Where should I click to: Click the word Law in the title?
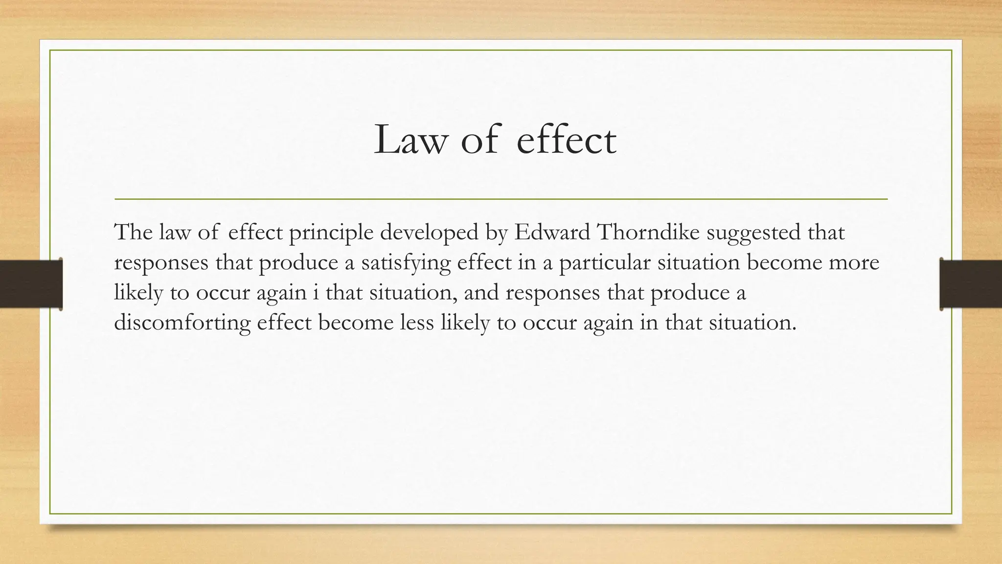410,141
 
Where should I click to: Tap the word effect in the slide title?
566,141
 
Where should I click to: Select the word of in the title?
481,141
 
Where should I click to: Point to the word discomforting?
182,323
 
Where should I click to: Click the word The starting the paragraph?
133,232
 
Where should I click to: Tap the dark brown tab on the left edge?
31,284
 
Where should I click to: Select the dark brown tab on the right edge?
971,284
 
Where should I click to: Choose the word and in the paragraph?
481,293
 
